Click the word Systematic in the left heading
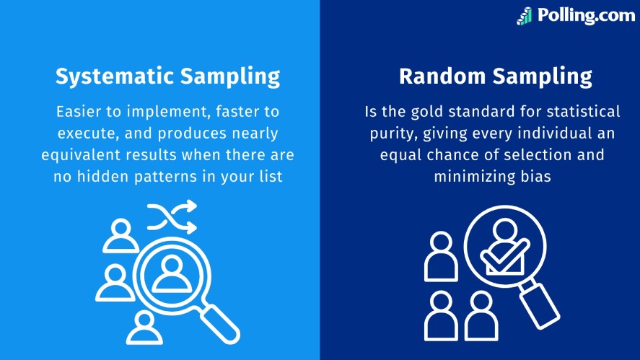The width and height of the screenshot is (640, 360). click(115, 76)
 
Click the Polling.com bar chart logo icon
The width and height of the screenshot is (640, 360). click(525, 17)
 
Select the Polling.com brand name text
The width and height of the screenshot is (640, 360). click(587, 15)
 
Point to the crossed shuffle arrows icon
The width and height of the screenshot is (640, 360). click(172, 216)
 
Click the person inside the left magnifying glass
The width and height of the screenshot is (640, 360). click(172, 273)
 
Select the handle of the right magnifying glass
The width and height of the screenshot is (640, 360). click(540, 306)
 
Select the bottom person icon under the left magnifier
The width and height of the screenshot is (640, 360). click(144, 328)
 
